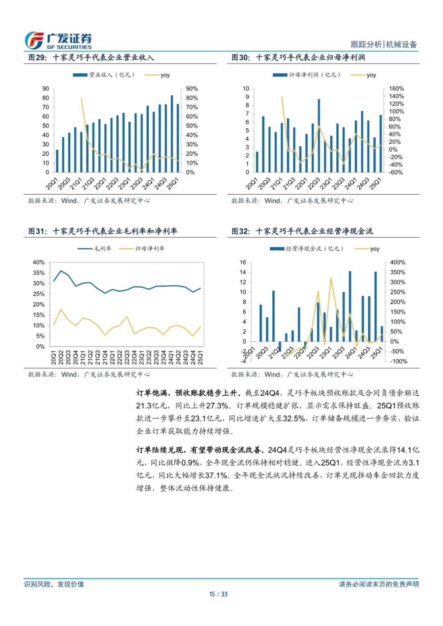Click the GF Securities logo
coord(58,41)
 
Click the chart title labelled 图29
coord(91,57)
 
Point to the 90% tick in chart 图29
coord(192,89)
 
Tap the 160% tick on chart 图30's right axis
coord(396,89)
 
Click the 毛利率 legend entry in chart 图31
coord(95,248)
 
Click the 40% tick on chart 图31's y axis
coord(39,262)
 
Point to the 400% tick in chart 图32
coord(397,262)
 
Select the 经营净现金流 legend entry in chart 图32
coord(307,248)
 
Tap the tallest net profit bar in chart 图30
coord(319,135)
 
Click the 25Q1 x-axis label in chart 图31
coord(201,357)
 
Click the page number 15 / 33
coord(218,594)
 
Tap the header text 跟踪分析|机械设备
coord(384,44)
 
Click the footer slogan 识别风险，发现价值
coord(54,584)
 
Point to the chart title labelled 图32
coord(302,231)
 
